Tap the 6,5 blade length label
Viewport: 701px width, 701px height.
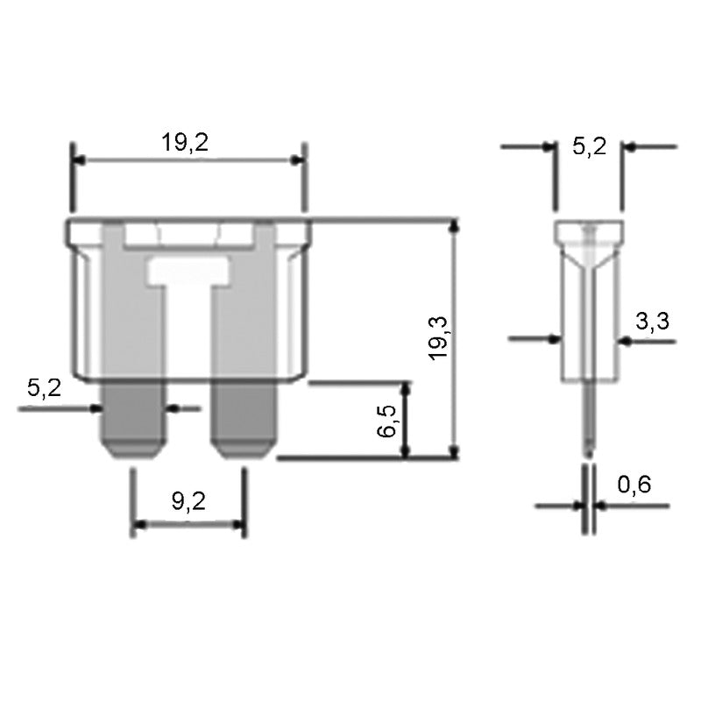coord(389,421)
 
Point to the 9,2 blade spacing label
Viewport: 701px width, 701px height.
coord(188,501)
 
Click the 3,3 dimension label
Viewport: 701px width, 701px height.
coord(652,322)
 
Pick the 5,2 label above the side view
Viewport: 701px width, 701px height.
coord(589,146)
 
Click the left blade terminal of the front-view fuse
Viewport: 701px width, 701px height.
coord(134,421)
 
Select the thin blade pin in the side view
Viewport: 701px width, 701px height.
coord(591,429)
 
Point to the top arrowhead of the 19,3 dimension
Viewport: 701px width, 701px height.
coord(453,226)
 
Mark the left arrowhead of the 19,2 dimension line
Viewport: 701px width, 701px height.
coord(78,160)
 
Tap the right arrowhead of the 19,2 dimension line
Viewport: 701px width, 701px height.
coord(300,160)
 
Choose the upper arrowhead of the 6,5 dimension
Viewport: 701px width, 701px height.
coord(405,387)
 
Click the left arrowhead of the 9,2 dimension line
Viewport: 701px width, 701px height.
coord(138,526)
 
